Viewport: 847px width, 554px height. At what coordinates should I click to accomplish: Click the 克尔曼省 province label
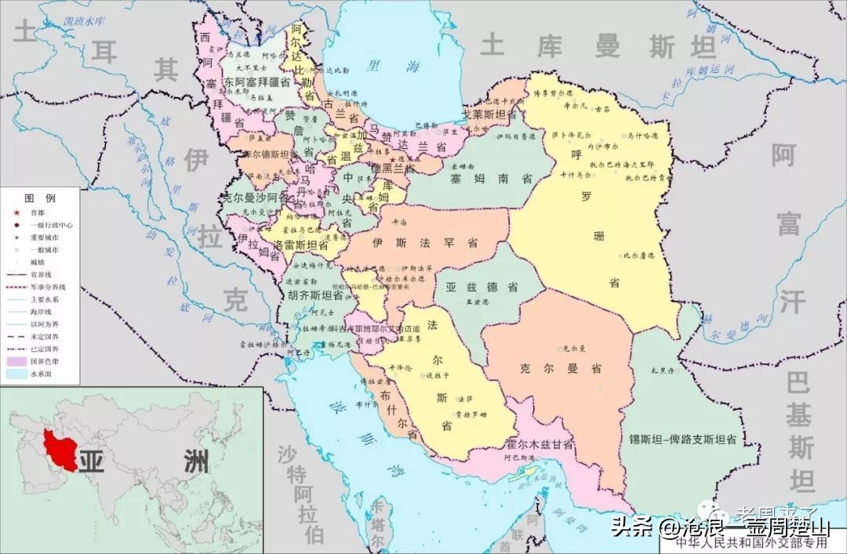(x=560, y=368)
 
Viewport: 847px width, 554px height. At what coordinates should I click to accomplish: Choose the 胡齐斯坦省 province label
(x=315, y=296)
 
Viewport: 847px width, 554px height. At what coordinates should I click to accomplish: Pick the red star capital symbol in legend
(x=15, y=212)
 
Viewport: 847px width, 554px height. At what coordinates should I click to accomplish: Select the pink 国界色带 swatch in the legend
(x=16, y=361)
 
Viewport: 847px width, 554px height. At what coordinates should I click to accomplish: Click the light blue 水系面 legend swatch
(x=16, y=374)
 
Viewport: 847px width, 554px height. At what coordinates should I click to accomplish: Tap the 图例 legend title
(x=39, y=197)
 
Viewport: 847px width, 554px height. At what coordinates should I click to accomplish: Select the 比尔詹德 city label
(x=640, y=255)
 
